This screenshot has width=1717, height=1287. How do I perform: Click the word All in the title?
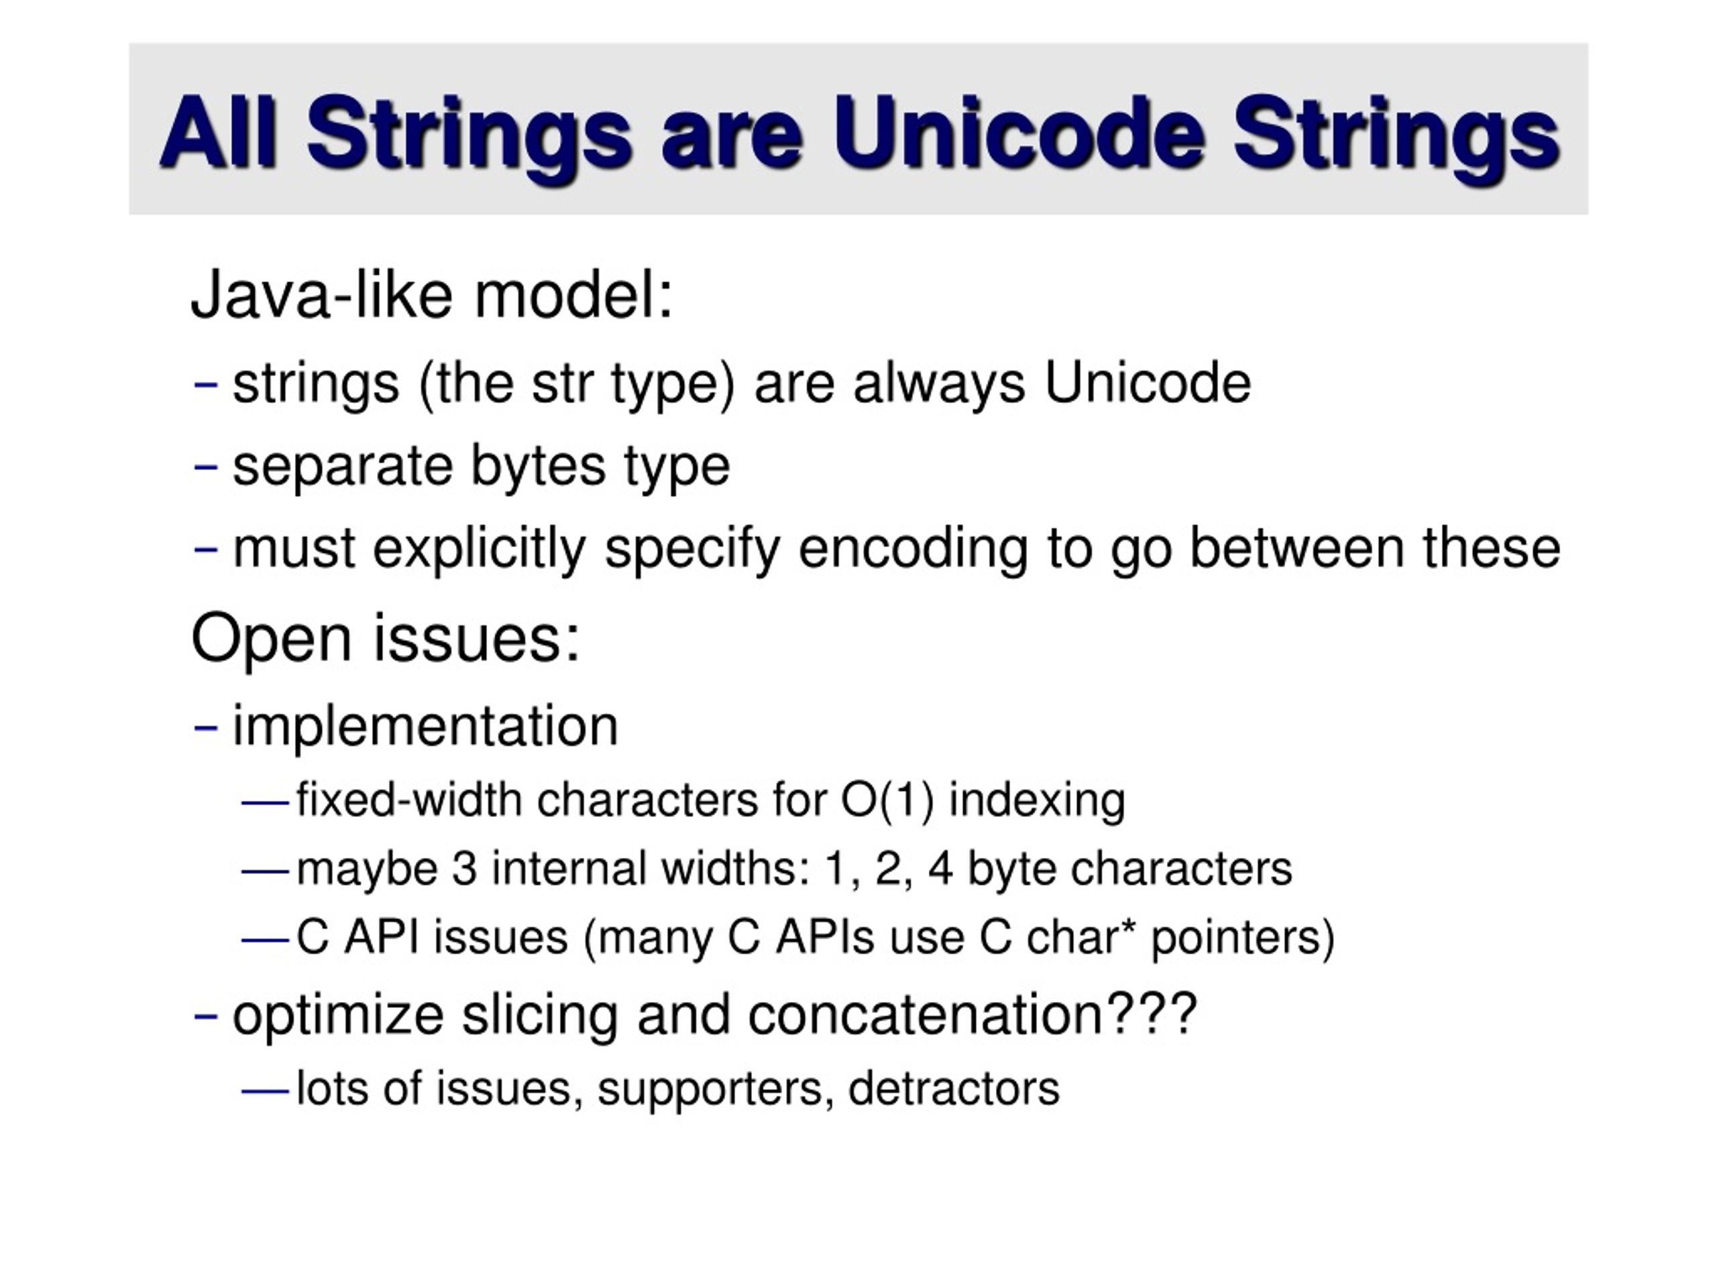(218, 131)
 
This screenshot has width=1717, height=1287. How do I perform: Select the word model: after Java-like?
(573, 295)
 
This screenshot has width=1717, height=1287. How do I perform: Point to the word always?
(939, 383)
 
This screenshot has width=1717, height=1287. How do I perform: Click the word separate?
(343, 467)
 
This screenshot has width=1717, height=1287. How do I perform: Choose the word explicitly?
(479, 549)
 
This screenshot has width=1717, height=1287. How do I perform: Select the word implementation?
(425, 726)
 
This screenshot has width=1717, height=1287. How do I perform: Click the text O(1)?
(887, 800)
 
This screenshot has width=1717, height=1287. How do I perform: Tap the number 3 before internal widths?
(464, 868)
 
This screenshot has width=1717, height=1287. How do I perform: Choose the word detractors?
(954, 1089)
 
